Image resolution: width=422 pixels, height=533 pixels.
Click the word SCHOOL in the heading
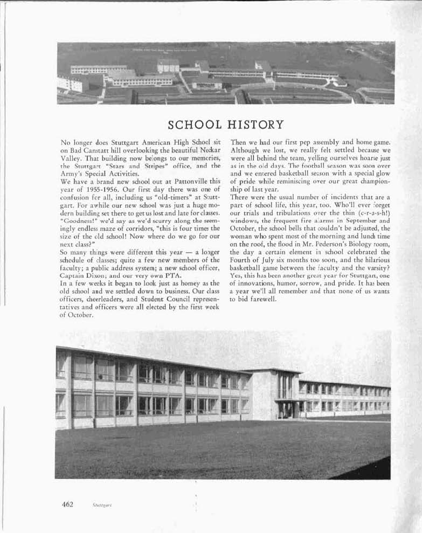click(195, 125)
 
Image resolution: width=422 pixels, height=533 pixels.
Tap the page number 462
click(67, 504)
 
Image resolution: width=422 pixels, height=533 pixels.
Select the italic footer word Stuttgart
click(102, 505)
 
